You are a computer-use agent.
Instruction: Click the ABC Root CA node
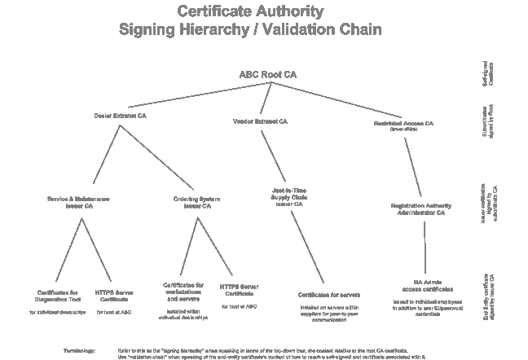(x=266, y=74)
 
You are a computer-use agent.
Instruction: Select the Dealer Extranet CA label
(x=120, y=116)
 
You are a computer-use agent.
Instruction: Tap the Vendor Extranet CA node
(x=260, y=121)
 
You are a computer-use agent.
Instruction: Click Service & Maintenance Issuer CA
(x=79, y=202)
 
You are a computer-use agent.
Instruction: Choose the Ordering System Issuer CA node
(x=197, y=202)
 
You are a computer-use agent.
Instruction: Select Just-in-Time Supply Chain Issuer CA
(x=289, y=197)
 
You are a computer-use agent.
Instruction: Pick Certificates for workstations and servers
(x=184, y=292)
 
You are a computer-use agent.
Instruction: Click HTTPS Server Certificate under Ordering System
(x=240, y=290)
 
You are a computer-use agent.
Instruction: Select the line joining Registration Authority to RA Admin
(x=425, y=244)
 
